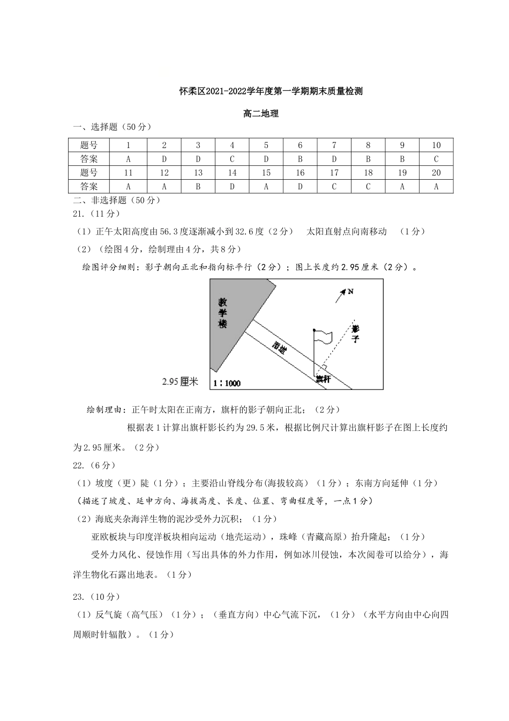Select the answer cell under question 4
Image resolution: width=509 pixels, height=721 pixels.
[232, 159]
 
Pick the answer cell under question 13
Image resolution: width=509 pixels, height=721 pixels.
[198, 186]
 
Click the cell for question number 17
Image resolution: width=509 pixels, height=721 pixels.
[334, 173]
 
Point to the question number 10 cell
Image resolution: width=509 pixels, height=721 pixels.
[436, 145]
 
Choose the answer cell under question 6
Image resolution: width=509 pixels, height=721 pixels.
[300, 159]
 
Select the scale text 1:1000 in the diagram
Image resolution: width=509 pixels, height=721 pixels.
[227, 383]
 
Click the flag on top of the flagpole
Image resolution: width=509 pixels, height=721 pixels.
[324, 337]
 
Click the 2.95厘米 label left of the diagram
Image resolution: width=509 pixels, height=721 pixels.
[180, 382]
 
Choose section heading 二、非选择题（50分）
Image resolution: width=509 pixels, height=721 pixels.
[116, 200]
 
